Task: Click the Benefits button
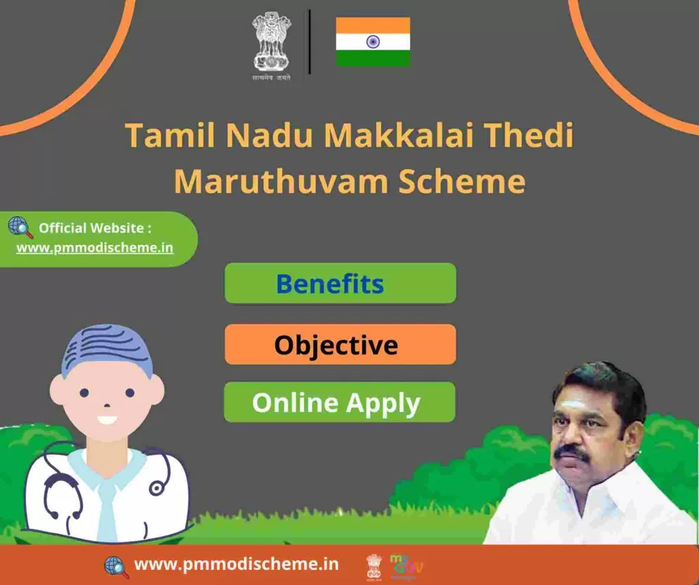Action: (340, 283)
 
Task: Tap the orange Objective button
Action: (340, 344)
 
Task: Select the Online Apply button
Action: (339, 402)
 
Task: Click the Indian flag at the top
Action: (373, 42)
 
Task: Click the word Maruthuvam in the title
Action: (281, 181)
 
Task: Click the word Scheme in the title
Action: (462, 181)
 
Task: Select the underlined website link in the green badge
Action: (95, 247)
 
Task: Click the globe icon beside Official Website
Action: (20, 228)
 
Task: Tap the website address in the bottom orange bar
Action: (236, 564)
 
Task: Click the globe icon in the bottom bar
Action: (116, 567)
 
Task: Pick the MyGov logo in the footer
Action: (406, 567)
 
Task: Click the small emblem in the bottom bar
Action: (374, 567)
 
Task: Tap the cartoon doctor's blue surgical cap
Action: (107, 350)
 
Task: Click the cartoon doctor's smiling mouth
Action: (107, 420)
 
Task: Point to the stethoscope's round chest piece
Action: (156, 488)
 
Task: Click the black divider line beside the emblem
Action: (309, 42)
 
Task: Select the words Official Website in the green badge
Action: (91, 228)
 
